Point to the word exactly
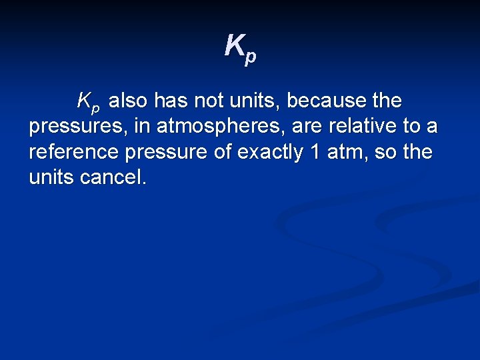(272, 153)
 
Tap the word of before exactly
(225, 153)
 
